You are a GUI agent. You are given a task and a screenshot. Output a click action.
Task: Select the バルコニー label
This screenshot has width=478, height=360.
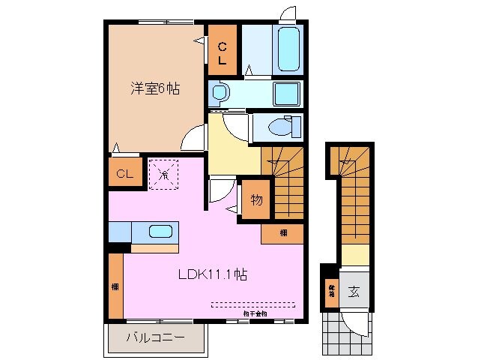(155, 338)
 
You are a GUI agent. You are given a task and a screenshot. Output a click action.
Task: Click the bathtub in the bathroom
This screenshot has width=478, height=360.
(288, 49)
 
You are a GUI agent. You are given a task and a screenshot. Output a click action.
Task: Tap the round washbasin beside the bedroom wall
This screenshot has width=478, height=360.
(219, 94)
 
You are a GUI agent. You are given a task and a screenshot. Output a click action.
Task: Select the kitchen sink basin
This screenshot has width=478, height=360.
(160, 231)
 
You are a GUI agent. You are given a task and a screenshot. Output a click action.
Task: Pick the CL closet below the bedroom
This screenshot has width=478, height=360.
(124, 174)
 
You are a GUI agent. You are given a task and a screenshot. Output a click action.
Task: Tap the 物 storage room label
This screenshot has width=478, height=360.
(255, 199)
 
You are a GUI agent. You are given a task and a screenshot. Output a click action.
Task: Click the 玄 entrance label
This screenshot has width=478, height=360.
(353, 291)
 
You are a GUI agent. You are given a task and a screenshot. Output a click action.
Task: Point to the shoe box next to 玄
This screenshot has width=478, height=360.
(330, 289)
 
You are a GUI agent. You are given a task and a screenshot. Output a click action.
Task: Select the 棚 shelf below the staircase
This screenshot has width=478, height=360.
(282, 233)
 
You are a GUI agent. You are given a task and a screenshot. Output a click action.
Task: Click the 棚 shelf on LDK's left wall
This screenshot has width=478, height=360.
(115, 286)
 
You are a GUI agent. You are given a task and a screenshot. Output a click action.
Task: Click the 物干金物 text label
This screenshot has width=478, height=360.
(255, 313)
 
